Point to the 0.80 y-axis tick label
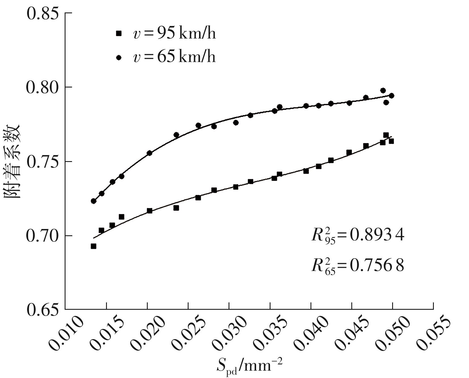tap(43, 87)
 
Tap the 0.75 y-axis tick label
tap(43, 162)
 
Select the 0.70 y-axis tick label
tap(43, 236)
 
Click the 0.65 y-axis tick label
tap(43, 310)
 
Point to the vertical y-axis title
tap(12, 161)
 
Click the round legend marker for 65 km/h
tap(119, 57)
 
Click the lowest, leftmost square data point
tap(94, 246)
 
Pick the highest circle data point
tap(383, 91)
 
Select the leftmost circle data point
tap(94, 201)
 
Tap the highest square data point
tap(386, 135)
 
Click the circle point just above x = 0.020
tap(149, 153)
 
